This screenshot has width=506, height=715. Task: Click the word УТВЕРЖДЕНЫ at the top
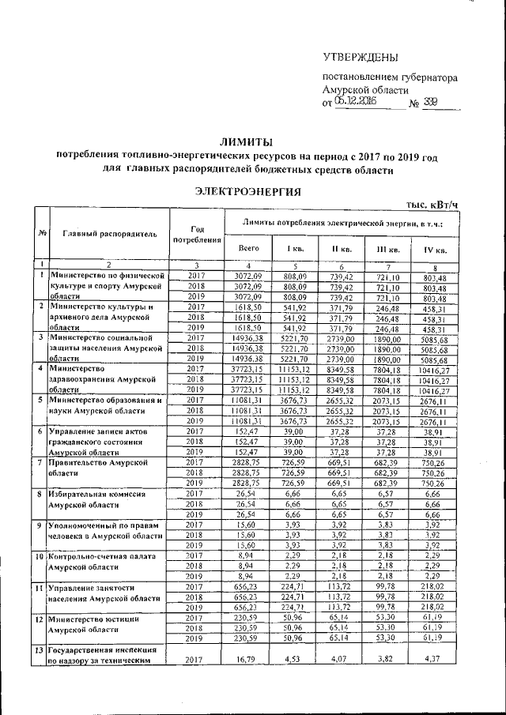[x=361, y=57]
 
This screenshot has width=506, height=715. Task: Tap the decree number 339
[x=429, y=103]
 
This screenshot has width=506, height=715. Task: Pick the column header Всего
[x=248, y=249]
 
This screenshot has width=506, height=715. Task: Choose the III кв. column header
[x=387, y=250]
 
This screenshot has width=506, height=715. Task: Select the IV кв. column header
[x=435, y=250]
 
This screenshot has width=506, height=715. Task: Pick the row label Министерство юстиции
[x=89, y=617]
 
